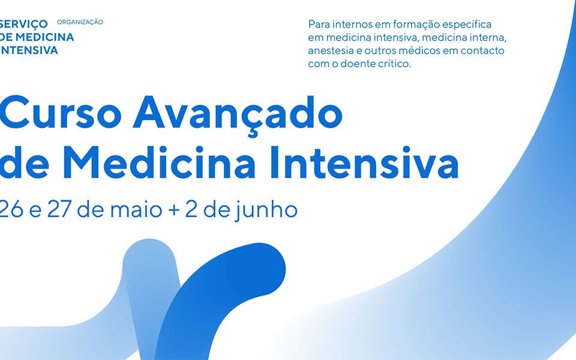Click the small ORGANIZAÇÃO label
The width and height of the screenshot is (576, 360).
point(80,22)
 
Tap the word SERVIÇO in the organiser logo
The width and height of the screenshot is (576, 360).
point(24,24)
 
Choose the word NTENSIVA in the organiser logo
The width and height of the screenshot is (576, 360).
point(29,50)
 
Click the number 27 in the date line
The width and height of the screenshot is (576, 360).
point(59,210)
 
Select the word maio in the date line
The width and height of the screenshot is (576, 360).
point(136,210)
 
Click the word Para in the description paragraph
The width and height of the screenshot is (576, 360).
point(317,24)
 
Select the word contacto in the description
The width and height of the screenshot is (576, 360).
point(482,50)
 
